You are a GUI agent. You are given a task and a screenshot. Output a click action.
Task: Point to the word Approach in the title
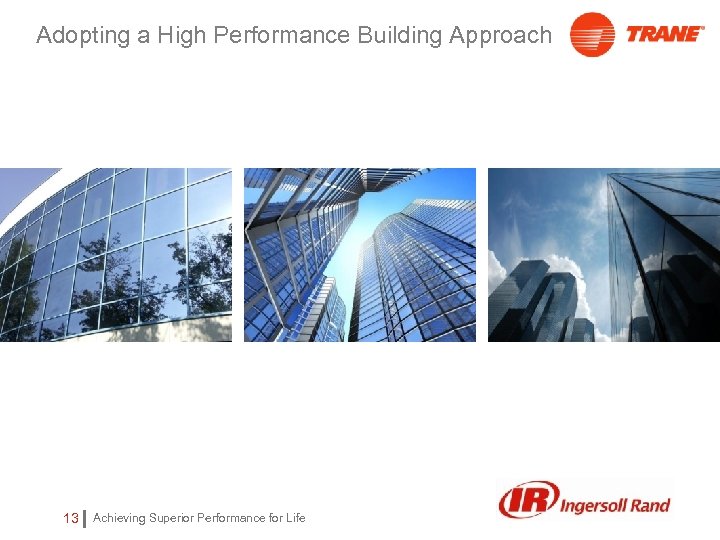500,36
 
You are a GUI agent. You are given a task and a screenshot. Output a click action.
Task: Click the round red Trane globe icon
592,35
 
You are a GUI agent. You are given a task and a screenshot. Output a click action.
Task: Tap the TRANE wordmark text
665,33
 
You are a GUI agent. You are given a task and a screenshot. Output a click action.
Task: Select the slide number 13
70,518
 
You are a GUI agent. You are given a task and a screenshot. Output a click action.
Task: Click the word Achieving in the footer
119,518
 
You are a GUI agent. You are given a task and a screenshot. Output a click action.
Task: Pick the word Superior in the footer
172,518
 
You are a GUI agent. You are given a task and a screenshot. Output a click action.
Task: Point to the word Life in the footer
295,518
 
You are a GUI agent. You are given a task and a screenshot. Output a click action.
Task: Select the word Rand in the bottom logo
650,504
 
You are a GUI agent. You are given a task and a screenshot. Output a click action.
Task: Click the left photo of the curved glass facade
116,255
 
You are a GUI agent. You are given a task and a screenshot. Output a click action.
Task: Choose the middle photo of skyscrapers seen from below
360,255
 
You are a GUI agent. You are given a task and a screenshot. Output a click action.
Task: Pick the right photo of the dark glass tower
604,255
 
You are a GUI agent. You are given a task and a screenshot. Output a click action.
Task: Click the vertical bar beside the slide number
85,518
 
